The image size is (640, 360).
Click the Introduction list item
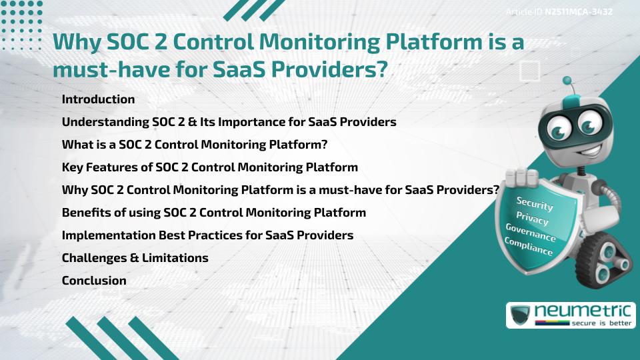(x=98, y=99)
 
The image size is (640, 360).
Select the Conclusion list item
(x=94, y=281)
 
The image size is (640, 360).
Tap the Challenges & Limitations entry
(x=135, y=258)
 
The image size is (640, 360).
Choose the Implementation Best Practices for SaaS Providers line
(x=207, y=235)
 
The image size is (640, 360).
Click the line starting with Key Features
(x=209, y=167)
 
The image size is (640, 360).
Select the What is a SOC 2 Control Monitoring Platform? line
(x=195, y=145)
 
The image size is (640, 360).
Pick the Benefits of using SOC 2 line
(x=213, y=213)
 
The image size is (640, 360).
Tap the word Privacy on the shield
(x=532, y=218)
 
